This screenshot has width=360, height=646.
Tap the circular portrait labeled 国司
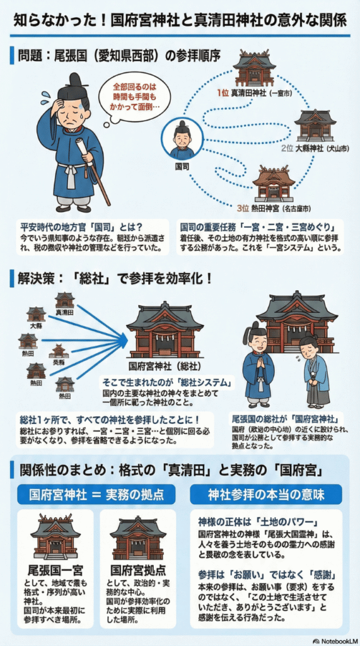pyautogui.click(x=182, y=139)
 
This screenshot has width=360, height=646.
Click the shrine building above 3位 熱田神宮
pyautogui.click(x=273, y=183)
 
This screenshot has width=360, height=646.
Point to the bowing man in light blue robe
pyautogui.click(x=313, y=369)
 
